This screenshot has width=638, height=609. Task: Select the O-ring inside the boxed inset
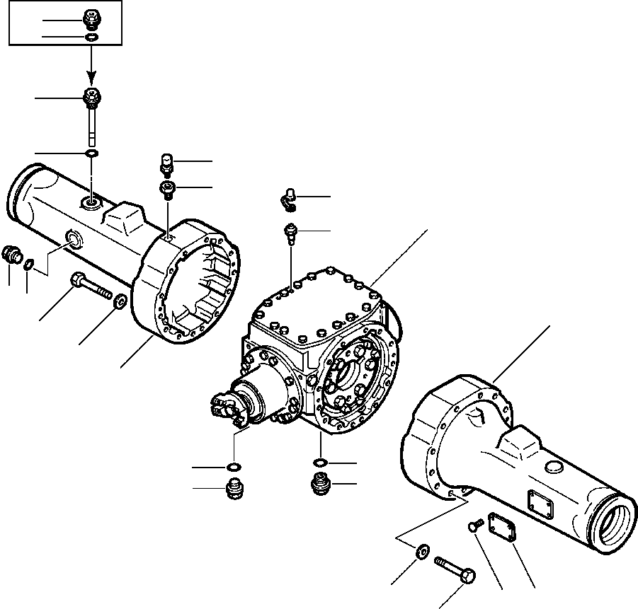point(91,37)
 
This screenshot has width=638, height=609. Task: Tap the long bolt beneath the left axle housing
point(91,289)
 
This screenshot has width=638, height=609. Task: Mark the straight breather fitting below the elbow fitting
point(290,231)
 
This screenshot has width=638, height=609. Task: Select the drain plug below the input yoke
point(235,488)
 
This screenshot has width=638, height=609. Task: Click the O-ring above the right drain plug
point(320,463)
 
